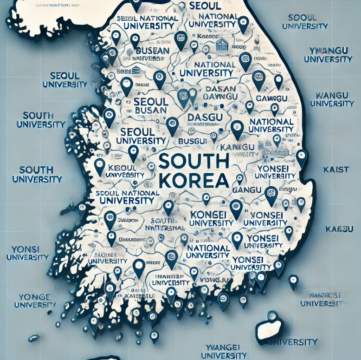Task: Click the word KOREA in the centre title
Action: point(192,179)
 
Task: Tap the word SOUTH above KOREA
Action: point(194,161)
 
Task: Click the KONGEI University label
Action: point(212,219)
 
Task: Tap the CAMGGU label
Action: point(271,98)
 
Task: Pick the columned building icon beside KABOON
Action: point(222,45)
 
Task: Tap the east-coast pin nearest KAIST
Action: point(302,157)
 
